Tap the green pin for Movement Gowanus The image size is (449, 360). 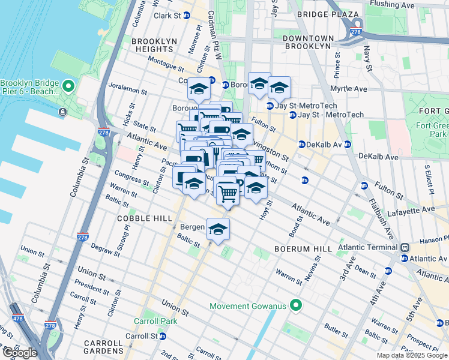click(x=295, y=306)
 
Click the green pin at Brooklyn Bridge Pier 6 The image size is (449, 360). click(x=68, y=88)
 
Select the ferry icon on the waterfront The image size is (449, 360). click(x=62, y=112)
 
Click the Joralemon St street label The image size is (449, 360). click(x=127, y=91)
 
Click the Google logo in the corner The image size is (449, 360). click(x=20, y=353)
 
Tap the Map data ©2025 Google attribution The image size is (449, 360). click(x=412, y=355)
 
